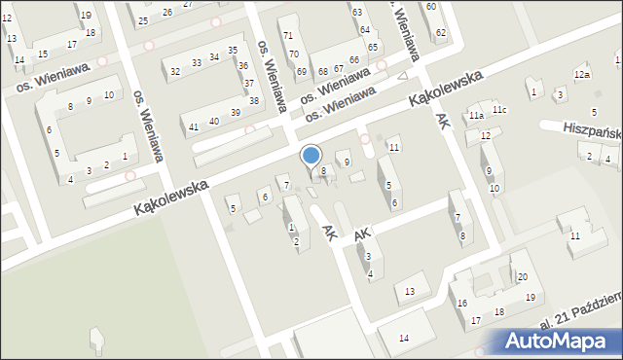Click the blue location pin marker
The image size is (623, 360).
click(311, 156)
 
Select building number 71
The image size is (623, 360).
click(287, 36)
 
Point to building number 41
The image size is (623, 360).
click(194, 127)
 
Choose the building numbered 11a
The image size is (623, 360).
click(475, 116)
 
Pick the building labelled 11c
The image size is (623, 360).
click(498, 110)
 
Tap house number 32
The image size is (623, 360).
click(175, 71)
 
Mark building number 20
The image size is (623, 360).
click(522, 278)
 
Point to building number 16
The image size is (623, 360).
click(461, 303)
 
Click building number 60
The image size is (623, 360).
click(430, 7)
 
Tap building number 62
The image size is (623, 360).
click(441, 33)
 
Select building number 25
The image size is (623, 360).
click(143, 20)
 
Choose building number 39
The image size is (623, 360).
click(236, 113)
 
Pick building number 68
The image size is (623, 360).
click(323, 71)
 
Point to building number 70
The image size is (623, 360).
click(293, 54)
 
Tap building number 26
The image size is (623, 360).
click(167, 12)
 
